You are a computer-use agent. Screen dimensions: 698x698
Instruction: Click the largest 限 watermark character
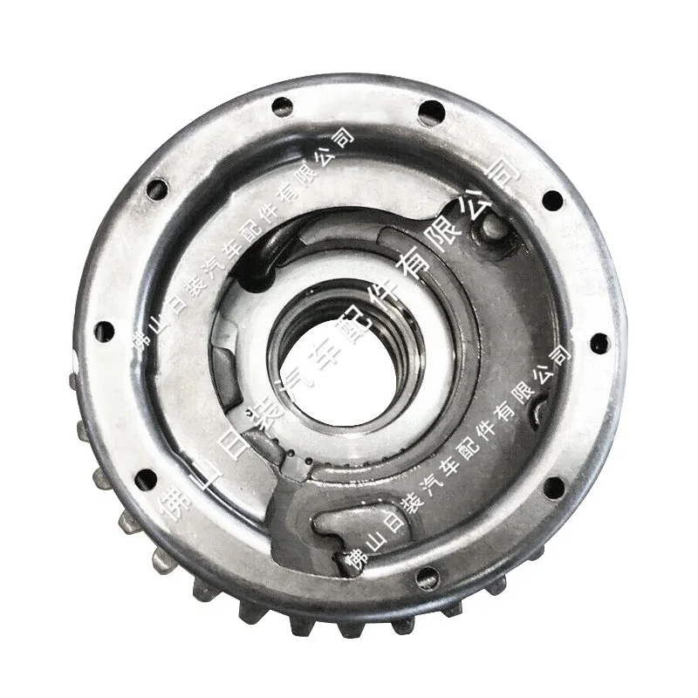click(x=445, y=235)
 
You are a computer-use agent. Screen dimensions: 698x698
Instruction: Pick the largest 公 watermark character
click(x=474, y=205)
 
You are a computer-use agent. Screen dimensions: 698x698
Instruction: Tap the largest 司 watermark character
click(x=503, y=174)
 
